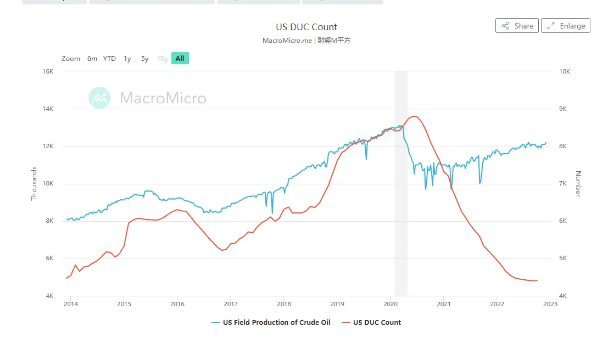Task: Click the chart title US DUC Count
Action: [x=306, y=27]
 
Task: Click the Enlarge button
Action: [x=566, y=26]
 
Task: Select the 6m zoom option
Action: [x=92, y=58]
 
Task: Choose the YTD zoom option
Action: [x=109, y=58]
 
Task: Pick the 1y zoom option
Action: [x=127, y=58]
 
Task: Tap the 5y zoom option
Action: [x=144, y=58]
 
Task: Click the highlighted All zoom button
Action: [x=180, y=58]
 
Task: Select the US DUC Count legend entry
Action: [x=377, y=323]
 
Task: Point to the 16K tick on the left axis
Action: [x=47, y=71]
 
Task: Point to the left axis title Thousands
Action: [x=34, y=183]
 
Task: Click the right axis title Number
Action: [x=578, y=184]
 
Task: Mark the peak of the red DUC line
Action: [x=414, y=116]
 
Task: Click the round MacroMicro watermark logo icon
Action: [x=99, y=98]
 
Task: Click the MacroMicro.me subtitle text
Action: [x=287, y=41]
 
